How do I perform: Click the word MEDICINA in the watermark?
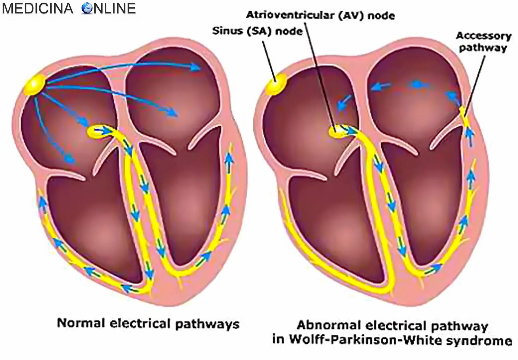click(x=38, y=8)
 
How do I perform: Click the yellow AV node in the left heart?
click(x=97, y=132)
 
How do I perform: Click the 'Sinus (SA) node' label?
click(x=257, y=31)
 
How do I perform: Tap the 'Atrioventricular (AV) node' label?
click(x=320, y=15)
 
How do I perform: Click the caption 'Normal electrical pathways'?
click(x=148, y=324)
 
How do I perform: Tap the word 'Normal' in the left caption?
click(x=81, y=323)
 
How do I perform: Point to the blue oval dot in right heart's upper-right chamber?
click(x=416, y=84)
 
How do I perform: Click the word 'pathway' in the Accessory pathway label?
click(x=483, y=48)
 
